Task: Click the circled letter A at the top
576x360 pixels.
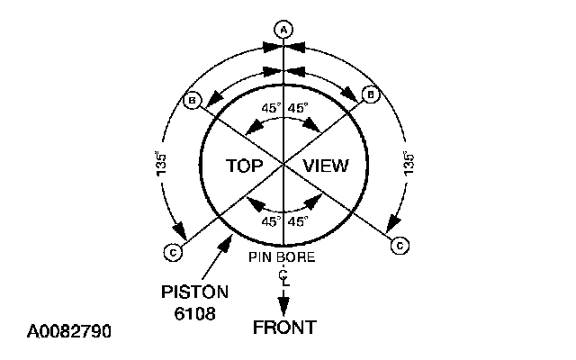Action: (x=284, y=30)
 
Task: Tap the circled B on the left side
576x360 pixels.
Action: (x=192, y=100)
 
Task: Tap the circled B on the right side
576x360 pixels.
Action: (x=367, y=94)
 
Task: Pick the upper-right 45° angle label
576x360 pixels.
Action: (x=299, y=107)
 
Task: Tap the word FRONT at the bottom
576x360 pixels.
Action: (x=284, y=327)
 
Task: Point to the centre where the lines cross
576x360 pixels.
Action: (x=284, y=165)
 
